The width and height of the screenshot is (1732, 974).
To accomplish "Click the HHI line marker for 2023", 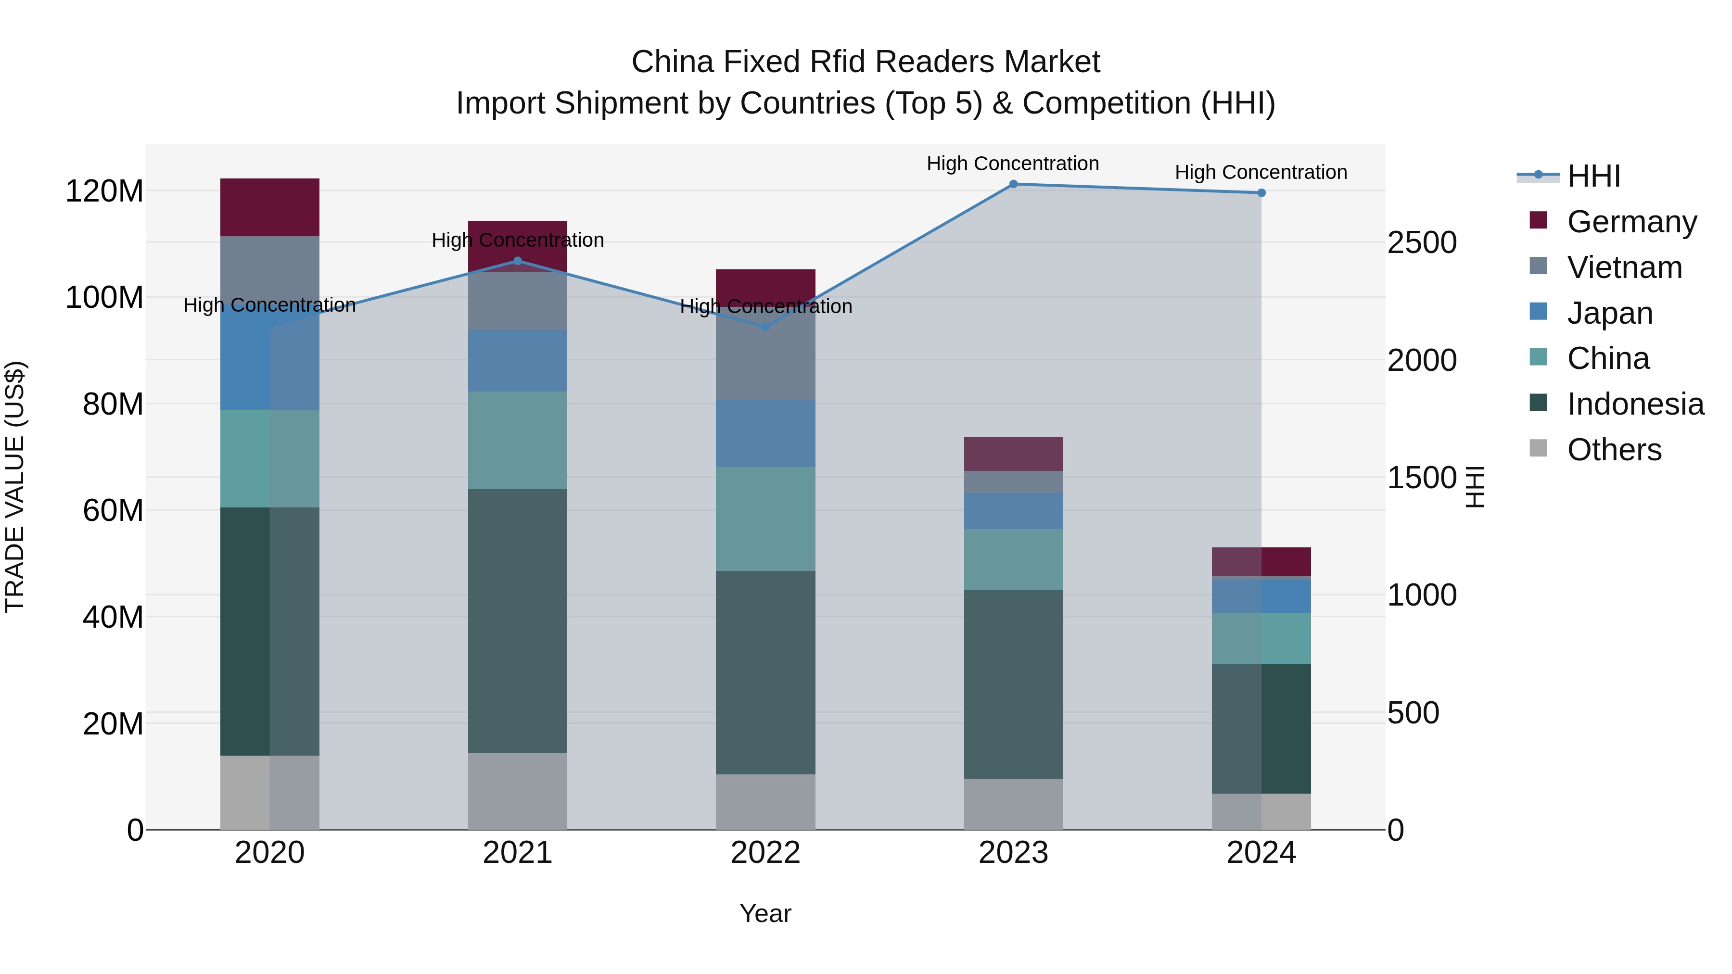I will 1013,184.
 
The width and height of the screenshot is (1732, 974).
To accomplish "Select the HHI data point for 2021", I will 517,261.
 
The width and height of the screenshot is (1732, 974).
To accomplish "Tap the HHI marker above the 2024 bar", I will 1261,193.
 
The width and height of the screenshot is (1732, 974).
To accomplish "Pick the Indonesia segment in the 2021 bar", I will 517,620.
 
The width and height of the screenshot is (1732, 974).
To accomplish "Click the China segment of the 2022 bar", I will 765,519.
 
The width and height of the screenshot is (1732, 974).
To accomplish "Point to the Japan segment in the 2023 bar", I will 1013,511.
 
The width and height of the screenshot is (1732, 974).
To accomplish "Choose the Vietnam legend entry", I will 1624,267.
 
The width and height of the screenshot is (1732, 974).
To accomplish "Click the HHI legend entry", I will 1593,176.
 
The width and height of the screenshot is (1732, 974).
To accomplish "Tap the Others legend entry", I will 1614,450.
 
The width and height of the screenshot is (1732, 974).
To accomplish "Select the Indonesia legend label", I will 1635,404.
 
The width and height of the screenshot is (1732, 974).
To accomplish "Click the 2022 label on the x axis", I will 765,853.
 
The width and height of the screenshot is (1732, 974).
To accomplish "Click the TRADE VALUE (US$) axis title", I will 15,487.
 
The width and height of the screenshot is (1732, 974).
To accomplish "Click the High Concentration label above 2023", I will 1013,164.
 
